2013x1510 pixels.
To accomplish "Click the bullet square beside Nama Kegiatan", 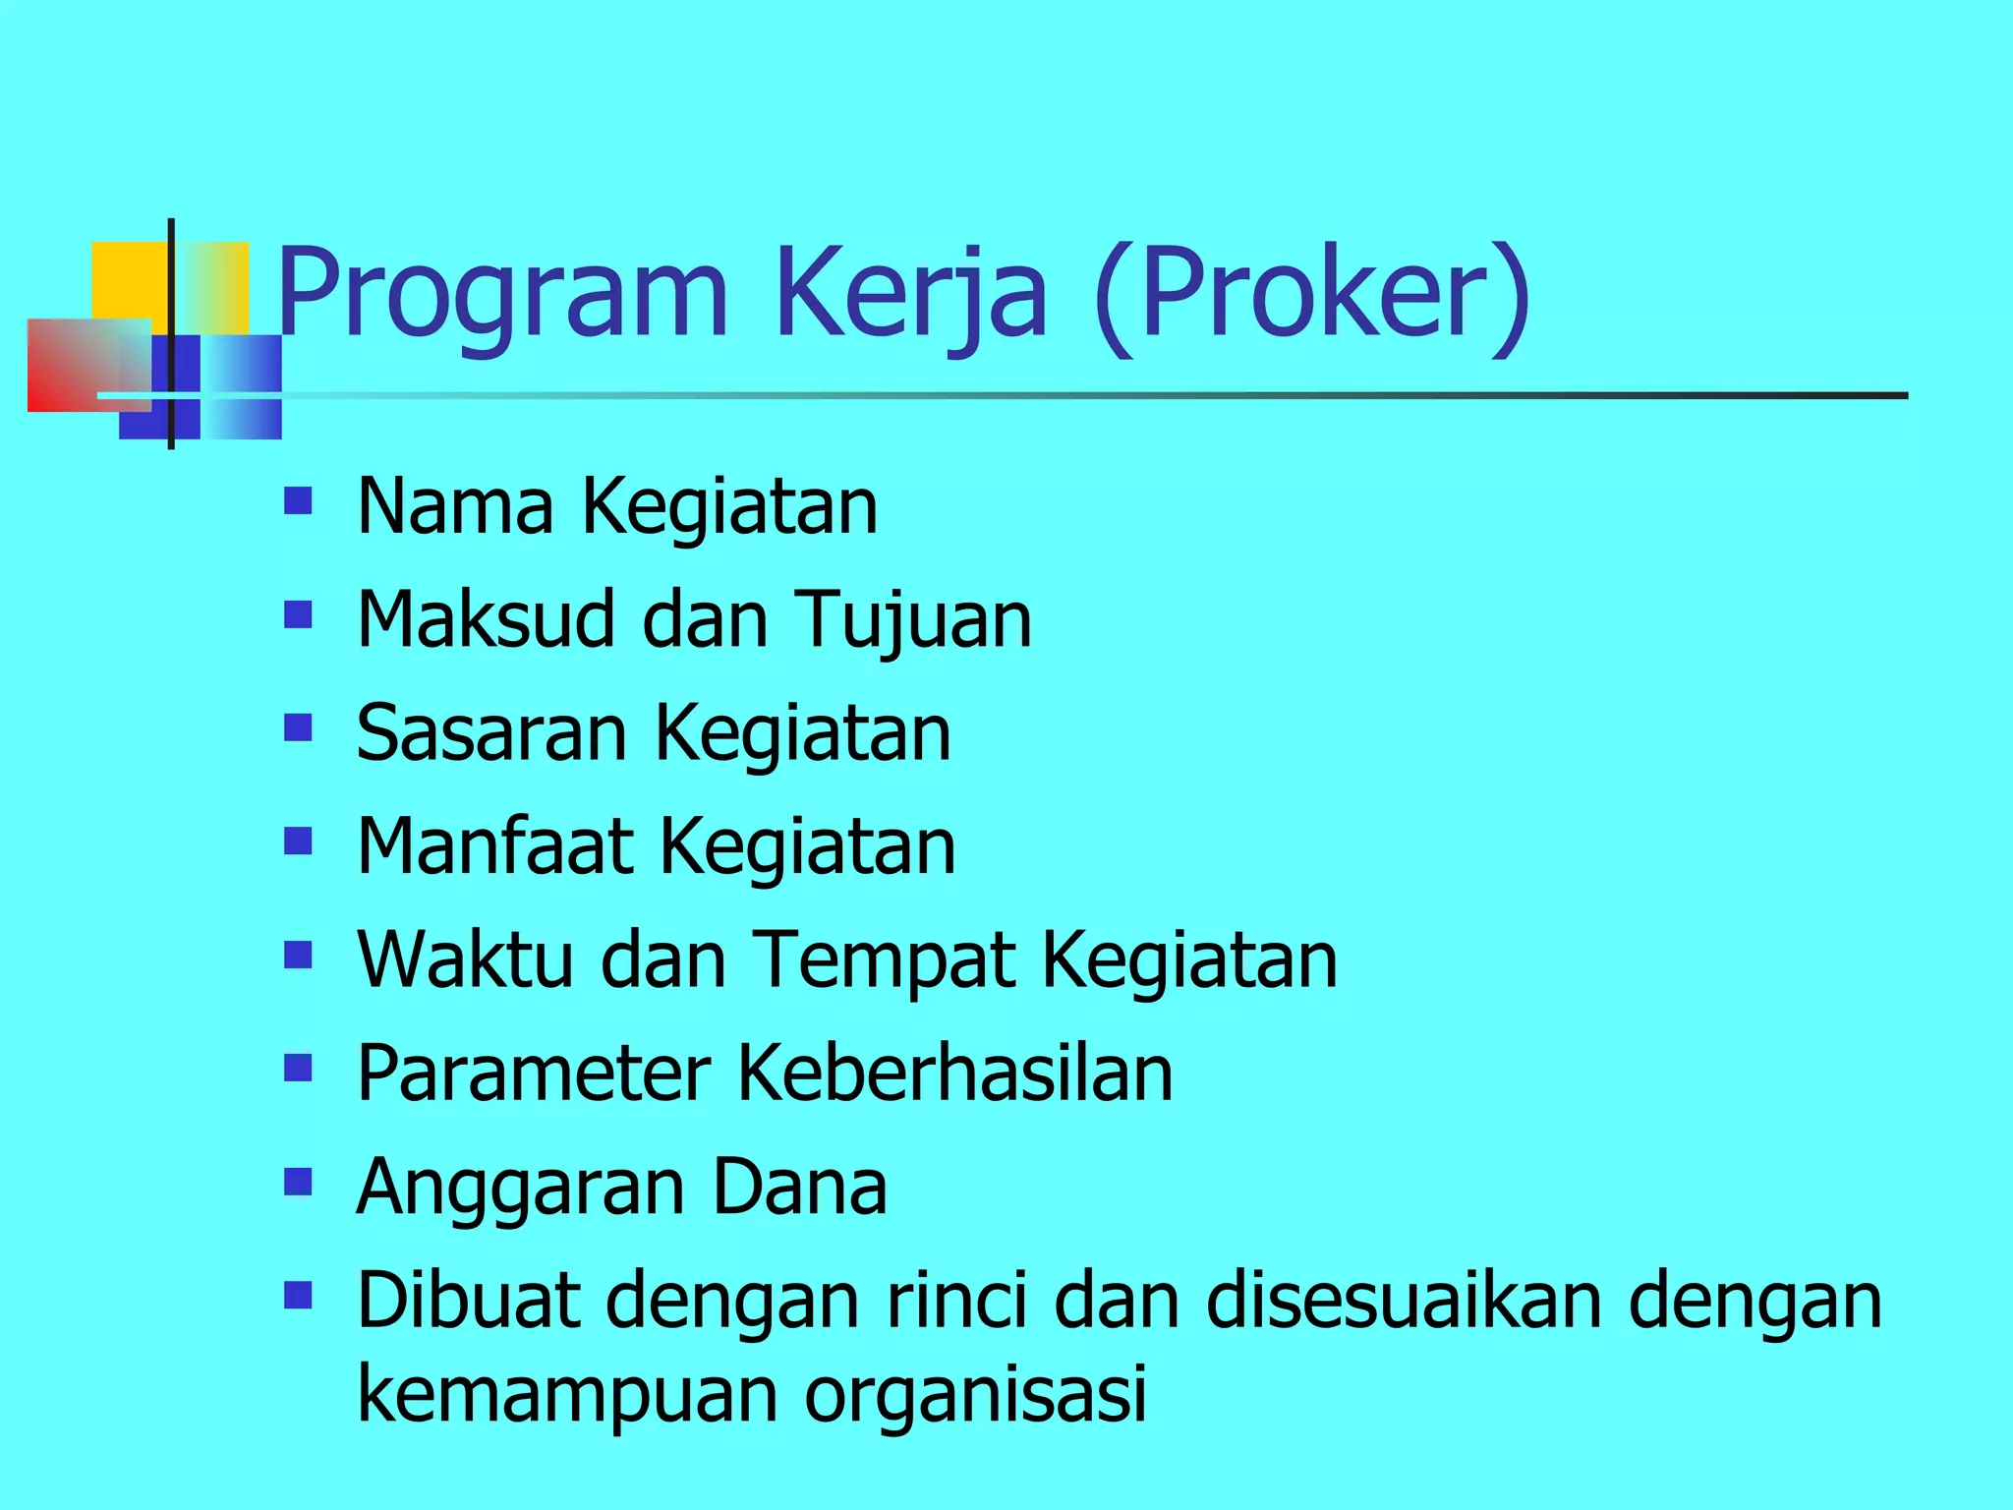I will click(x=297, y=502).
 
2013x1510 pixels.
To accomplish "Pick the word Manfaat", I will click(x=494, y=846).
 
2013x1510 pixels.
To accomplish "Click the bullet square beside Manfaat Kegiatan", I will click(x=297, y=842).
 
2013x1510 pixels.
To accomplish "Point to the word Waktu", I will click(x=465, y=959).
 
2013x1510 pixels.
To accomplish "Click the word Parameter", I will click(x=534, y=1073).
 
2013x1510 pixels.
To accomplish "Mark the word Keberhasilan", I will click(x=954, y=1073).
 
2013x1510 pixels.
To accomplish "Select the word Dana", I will click(x=799, y=1186).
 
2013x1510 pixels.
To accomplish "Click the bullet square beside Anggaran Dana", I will click(x=297, y=1181).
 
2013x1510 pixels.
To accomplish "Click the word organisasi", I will click(x=975, y=1394).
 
